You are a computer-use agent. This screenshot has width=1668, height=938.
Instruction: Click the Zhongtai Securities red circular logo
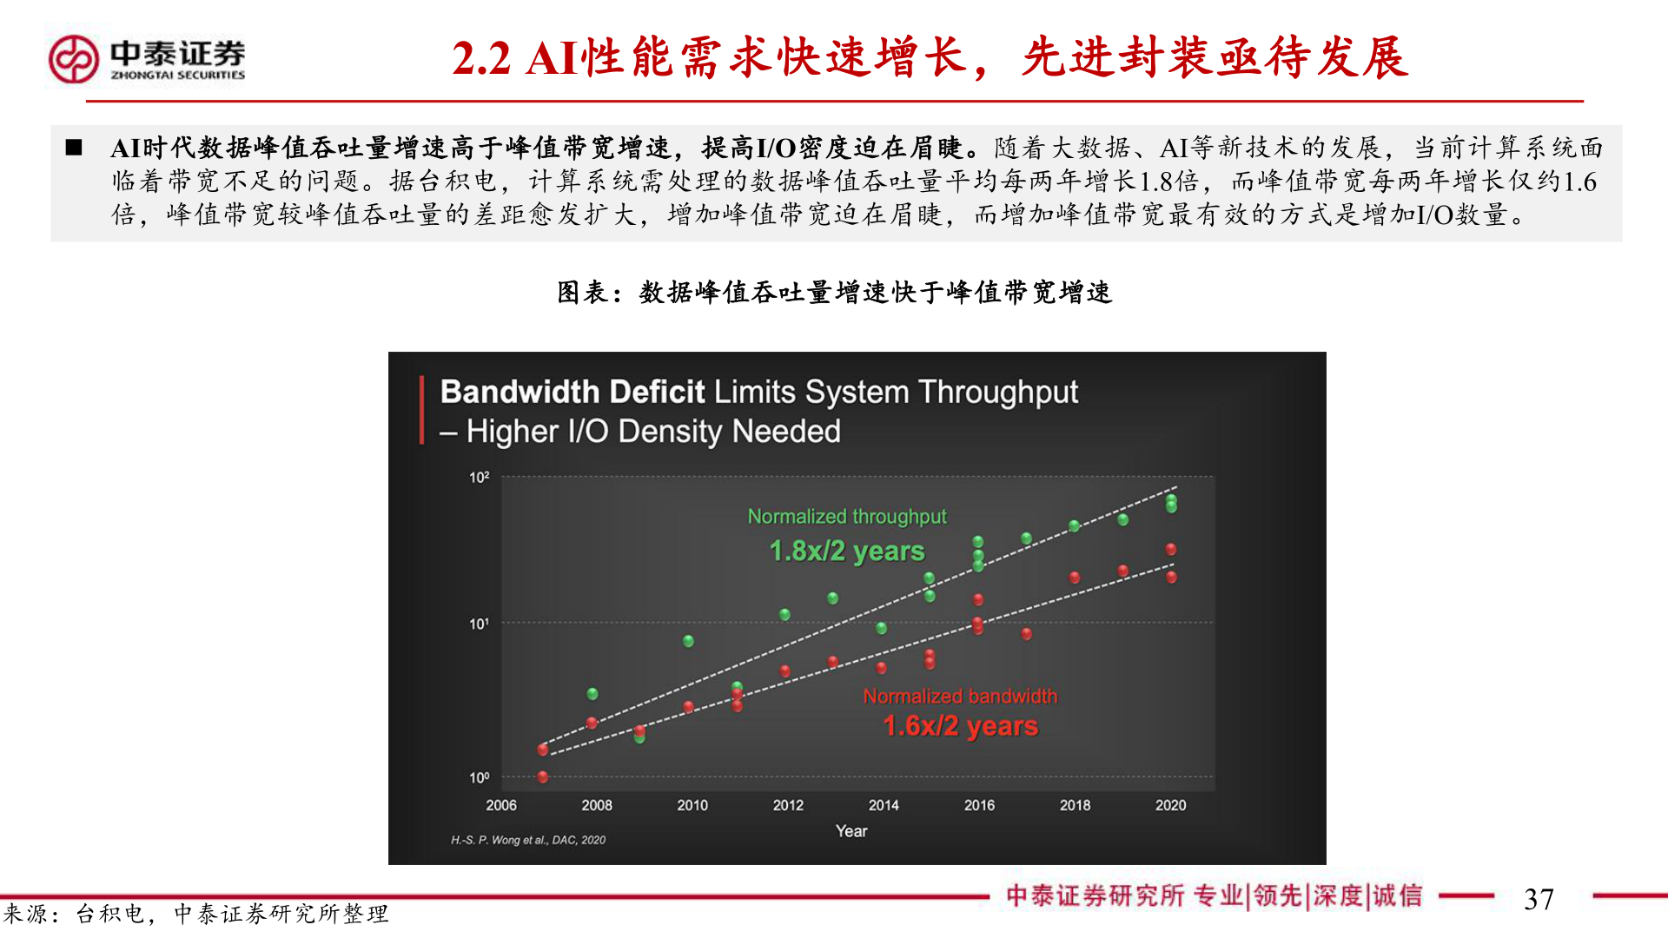(x=74, y=59)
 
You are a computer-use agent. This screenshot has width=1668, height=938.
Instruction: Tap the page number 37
(x=1539, y=899)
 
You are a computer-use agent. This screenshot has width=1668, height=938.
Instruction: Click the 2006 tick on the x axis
(x=501, y=805)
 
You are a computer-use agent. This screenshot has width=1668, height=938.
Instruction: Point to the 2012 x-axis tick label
(x=788, y=805)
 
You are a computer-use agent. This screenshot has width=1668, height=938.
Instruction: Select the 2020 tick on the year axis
(x=1170, y=805)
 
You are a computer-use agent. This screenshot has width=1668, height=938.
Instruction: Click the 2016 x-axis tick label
(x=979, y=805)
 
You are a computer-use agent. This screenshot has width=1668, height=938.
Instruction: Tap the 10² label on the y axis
(x=480, y=477)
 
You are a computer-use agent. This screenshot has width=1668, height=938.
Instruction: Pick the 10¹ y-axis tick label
(x=480, y=624)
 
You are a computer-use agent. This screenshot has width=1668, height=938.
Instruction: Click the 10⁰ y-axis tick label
(x=480, y=777)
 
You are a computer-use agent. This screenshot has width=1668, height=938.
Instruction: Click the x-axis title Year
(x=851, y=831)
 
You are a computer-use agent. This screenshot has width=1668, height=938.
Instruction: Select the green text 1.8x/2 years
(x=847, y=551)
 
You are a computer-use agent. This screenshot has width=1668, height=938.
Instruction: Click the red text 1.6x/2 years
(x=960, y=725)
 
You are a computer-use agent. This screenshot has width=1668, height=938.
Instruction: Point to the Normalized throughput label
(x=847, y=517)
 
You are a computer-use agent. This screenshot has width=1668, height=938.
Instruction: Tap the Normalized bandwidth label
(x=960, y=696)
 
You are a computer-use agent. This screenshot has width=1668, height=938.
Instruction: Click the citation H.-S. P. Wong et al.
(x=528, y=840)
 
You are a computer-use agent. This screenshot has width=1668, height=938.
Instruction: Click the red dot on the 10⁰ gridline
(x=543, y=777)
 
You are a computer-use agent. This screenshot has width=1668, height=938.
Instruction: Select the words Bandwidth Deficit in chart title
(x=573, y=392)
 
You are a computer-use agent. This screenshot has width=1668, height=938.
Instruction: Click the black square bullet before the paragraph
(x=74, y=148)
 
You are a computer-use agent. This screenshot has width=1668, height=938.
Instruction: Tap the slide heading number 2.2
(x=481, y=59)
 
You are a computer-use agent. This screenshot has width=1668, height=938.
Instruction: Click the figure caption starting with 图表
(x=834, y=292)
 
